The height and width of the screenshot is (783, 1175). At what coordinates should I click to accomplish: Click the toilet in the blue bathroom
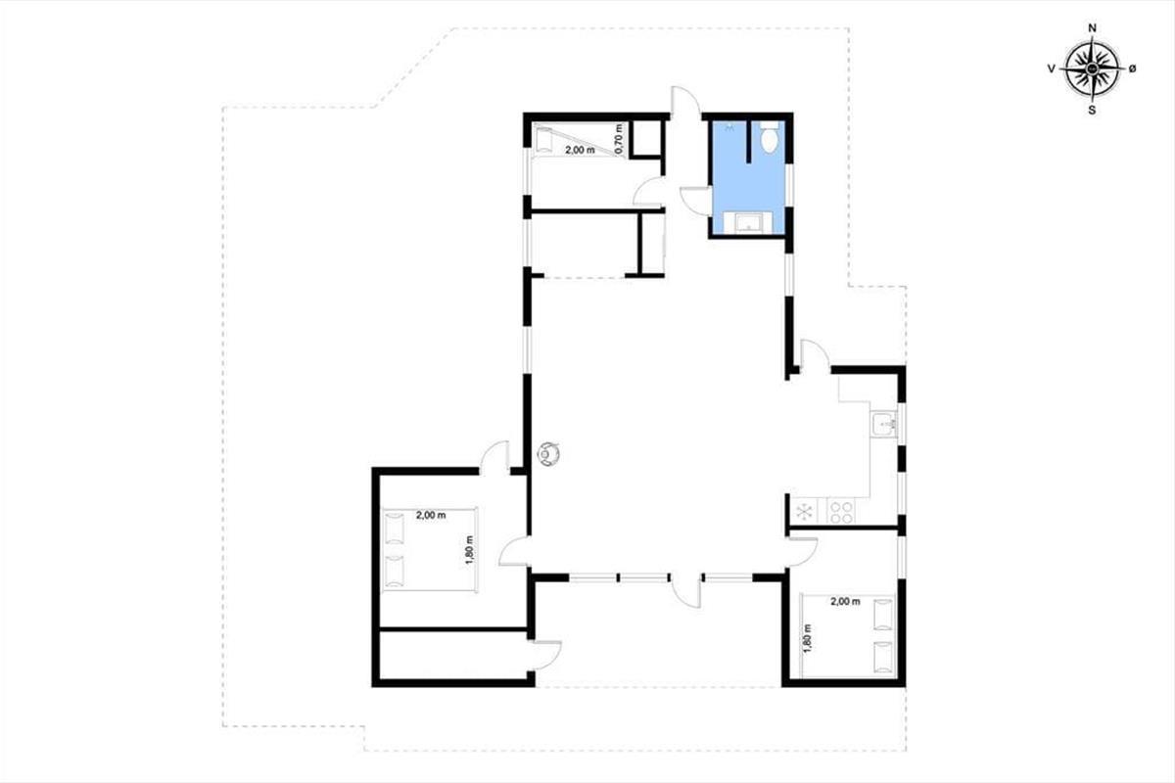[770, 136]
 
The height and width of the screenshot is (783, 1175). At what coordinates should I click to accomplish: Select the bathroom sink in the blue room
[748, 222]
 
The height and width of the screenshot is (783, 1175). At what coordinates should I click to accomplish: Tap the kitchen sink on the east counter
[885, 424]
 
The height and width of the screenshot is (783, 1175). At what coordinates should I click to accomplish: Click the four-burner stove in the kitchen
[840, 511]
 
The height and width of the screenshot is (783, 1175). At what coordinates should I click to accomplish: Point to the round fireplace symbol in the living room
[549, 453]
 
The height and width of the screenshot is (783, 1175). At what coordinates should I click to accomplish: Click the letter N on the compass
[1092, 28]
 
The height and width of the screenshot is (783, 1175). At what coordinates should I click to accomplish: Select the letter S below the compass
[1092, 111]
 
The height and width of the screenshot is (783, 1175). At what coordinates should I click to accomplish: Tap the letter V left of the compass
[1052, 69]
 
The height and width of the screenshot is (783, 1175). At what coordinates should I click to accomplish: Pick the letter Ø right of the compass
[1132, 69]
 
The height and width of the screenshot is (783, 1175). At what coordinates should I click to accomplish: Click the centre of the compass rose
[1092, 69]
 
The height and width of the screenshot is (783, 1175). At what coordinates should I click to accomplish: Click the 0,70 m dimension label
[620, 139]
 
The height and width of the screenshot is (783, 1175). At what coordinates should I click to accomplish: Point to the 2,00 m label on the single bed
[580, 150]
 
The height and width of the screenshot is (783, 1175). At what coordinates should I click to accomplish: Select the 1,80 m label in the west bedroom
[469, 550]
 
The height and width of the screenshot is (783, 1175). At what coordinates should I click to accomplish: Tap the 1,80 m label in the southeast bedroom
[807, 638]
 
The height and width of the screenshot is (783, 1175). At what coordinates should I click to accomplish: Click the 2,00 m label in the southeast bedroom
[845, 602]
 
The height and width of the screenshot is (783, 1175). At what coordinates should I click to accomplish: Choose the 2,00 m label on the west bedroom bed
[431, 515]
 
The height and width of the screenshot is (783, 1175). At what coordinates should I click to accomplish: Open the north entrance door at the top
[685, 100]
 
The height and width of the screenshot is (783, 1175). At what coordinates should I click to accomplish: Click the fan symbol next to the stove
[805, 511]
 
